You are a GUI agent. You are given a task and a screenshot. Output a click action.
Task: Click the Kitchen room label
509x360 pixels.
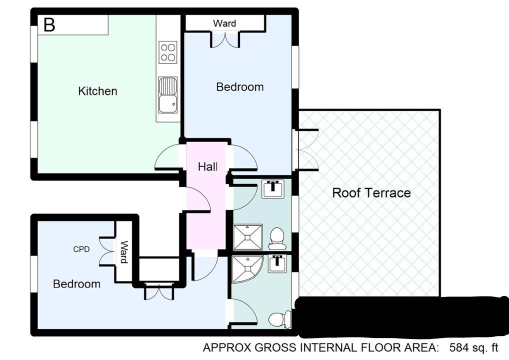point(97,91)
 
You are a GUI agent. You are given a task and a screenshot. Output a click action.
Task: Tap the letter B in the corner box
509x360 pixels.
point(49,24)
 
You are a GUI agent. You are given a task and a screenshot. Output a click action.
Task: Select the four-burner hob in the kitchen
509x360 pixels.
point(168,52)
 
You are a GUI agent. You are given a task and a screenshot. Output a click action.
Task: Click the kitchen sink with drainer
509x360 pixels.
point(168,95)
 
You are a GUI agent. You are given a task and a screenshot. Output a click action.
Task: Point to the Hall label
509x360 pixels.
point(208,167)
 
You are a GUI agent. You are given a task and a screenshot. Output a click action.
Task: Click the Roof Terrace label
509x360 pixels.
point(371,193)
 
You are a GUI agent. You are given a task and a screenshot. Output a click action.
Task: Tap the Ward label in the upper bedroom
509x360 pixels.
point(224,23)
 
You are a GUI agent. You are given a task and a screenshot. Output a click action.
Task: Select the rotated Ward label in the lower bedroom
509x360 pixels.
point(123,251)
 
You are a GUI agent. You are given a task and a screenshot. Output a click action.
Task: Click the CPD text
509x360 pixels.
point(81,249)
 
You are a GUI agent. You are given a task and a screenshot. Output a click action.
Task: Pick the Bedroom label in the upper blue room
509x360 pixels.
point(240,87)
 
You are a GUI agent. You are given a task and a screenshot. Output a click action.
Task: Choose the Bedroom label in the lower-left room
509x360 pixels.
point(76,284)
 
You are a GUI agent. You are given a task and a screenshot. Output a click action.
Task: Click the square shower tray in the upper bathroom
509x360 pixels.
point(247,237)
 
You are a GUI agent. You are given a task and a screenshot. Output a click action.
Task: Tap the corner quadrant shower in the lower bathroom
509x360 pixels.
point(246,269)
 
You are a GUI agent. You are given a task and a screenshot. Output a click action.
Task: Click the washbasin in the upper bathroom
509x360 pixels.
point(273,189)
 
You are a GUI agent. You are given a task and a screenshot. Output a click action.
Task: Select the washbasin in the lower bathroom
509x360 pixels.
point(277,263)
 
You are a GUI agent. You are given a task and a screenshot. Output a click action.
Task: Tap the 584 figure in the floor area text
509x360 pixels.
point(458,348)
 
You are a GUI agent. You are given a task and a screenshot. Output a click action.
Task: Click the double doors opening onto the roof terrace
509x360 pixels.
point(305,149)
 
